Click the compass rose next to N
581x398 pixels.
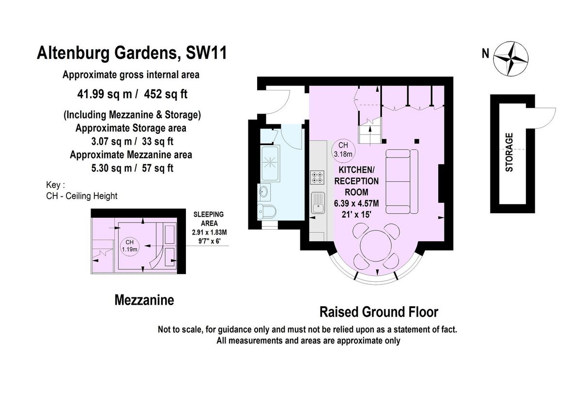pyautogui.click(x=510, y=59)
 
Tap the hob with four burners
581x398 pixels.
pyautogui.click(x=318, y=177)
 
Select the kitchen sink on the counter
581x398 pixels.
pyautogui.click(x=318, y=203)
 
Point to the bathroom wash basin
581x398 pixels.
pyautogui.click(x=264, y=192)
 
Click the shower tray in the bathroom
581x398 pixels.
pyautogui.click(x=270, y=163)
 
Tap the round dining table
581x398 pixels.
pyautogui.click(x=376, y=246)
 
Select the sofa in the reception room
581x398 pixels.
pyautogui.click(x=402, y=181)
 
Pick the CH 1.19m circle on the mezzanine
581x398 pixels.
pyautogui.click(x=129, y=246)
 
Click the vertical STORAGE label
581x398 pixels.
pyautogui.click(x=509, y=152)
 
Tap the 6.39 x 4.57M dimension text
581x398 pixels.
pyautogui.click(x=356, y=204)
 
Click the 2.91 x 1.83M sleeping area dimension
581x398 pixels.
pyautogui.click(x=209, y=232)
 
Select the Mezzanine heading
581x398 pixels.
pyautogui.click(x=144, y=300)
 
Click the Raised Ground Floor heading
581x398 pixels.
pyautogui.click(x=379, y=312)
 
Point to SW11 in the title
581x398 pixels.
pyautogui.click(x=206, y=53)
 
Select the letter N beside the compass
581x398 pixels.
pyautogui.click(x=485, y=54)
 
